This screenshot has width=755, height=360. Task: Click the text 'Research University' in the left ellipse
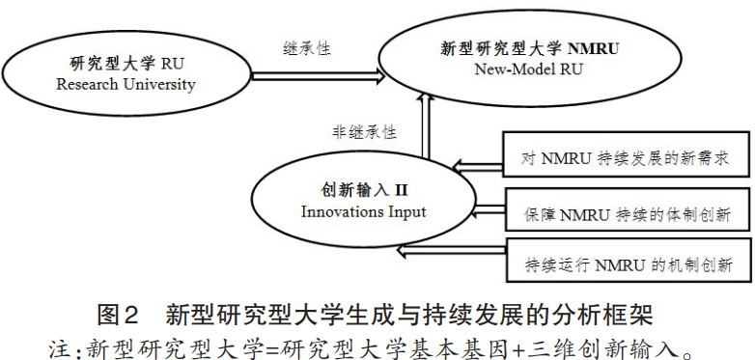click(x=126, y=84)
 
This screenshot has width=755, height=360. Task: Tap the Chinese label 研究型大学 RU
click(x=126, y=64)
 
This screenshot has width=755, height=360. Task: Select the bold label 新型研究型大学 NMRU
click(x=529, y=48)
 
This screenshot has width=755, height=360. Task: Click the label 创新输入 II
click(x=356, y=190)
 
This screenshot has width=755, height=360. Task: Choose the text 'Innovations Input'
click(x=356, y=210)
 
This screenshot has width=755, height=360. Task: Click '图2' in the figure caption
click(x=120, y=315)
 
